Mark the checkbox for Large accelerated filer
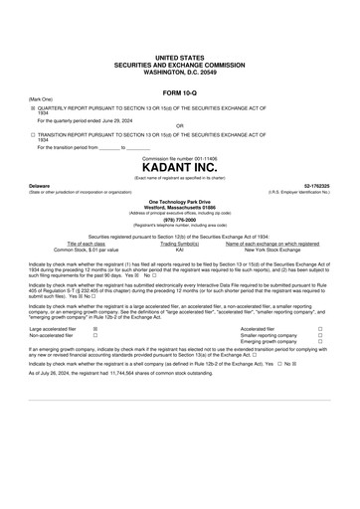click(94, 327)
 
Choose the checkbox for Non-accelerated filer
click(94, 334)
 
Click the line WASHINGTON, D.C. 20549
click(179, 74)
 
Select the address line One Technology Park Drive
click(179, 199)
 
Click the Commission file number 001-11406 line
click(179, 159)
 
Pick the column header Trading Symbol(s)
click(179, 242)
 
